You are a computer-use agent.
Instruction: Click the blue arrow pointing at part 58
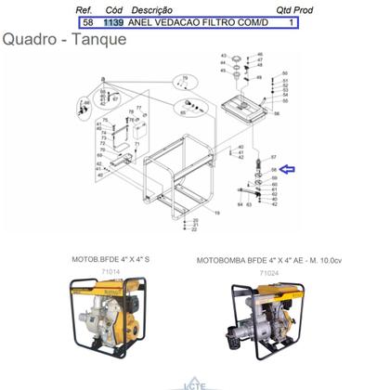pyautogui.click(x=288, y=169)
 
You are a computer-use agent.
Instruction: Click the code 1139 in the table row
pyautogui.click(x=113, y=21)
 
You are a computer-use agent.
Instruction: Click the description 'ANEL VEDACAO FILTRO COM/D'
pyautogui.click(x=198, y=21)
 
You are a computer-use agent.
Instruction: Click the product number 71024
pyautogui.click(x=269, y=275)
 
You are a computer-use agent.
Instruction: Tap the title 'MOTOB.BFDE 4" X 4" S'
pyautogui.click(x=110, y=261)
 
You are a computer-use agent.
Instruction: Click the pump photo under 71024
pyautogui.click(x=269, y=325)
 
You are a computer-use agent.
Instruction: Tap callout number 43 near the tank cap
pyautogui.click(x=223, y=57)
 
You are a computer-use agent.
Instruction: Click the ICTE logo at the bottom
pyautogui.click(x=195, y=383)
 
